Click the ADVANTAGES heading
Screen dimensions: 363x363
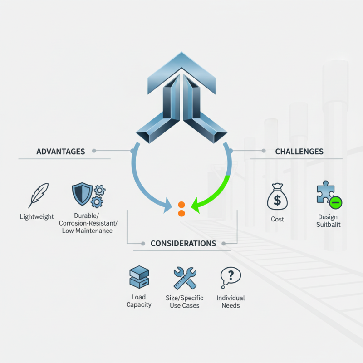pos(61,152)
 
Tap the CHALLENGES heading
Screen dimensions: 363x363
pos(299,152)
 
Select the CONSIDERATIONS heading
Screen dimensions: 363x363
pos(183,243)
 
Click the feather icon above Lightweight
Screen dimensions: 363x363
pos(39,196)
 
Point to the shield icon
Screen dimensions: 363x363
pos(82,194)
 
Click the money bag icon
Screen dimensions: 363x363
pos(277,196)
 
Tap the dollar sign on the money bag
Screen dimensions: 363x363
pos(277,200)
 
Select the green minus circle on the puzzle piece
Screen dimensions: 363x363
pos(336,202)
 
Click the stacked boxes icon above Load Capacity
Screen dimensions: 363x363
pos(139,277)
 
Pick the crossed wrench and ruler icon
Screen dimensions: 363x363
pos(185,278)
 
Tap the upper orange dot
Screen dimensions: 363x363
pos(181,205)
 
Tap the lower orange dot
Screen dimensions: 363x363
pos(181,213)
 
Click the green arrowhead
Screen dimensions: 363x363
pos(196,206)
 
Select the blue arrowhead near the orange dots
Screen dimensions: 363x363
pos(167,206)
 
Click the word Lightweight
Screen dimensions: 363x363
pos(37,217)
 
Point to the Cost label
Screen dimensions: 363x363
pos(277,219)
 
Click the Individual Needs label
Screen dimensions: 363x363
pos(231,302)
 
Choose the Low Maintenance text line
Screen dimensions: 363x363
pos(87,231)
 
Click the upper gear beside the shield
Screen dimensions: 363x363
pos(100,191)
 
